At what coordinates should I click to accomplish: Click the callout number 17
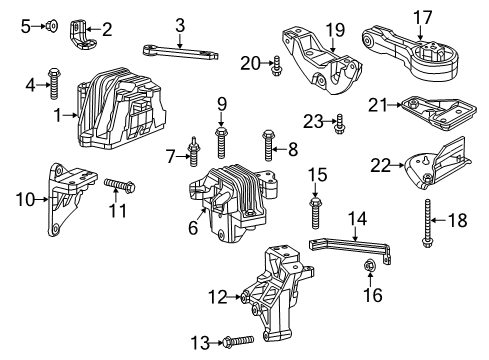424,17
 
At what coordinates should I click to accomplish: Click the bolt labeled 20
277,66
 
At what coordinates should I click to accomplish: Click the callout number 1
57,115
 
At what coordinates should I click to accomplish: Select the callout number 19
307,30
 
